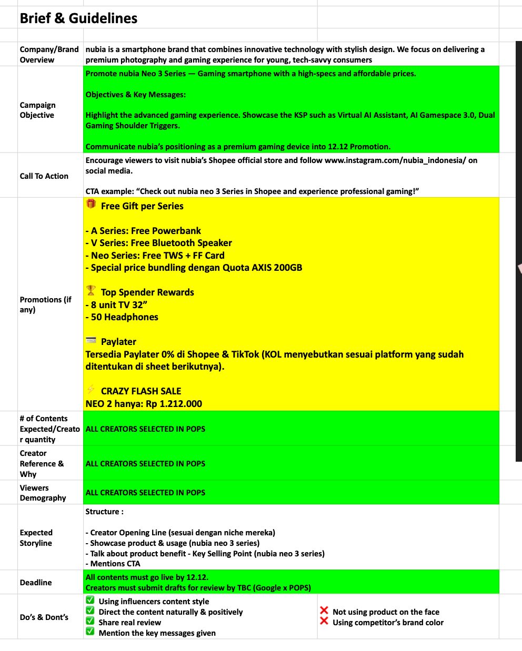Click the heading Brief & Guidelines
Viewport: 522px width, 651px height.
tap(78, 18)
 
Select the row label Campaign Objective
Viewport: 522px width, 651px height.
tap(37, 110)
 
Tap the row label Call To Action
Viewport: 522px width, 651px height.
tap(44, 176)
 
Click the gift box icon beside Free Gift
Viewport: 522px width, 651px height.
tap(91, 204)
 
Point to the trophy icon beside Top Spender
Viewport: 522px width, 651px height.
tap(91, 290)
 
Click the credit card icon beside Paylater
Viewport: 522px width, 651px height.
tap(91, 341)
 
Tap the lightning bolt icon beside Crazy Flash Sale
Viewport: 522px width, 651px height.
tap(91, 390)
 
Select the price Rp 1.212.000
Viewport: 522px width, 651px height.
tap(174, 404)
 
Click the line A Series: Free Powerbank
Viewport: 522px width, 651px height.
tap(143, 231)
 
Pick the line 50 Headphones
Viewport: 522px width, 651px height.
tap(122, 317)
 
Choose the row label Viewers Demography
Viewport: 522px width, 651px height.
tap(43, 493)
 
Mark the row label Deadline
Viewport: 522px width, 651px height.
tap(36, 583)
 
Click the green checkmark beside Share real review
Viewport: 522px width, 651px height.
tap(90, 621)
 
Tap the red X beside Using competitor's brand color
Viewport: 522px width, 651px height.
tap(324, 621)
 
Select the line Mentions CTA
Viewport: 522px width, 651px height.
tap(113, 564)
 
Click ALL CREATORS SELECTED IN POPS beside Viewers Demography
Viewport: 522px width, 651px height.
tap(145, 493)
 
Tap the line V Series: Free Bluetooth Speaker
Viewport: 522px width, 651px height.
tap(158, 243)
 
